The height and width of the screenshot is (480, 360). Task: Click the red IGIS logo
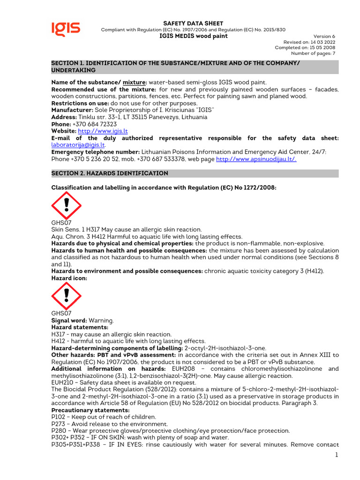(66, 29)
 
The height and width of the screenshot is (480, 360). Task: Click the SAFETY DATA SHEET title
(193, 23)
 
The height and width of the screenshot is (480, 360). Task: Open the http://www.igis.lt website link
(103, 131)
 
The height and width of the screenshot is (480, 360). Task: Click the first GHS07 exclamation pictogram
(66, 204)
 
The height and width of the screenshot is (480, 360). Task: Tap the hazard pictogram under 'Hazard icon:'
(66, 295)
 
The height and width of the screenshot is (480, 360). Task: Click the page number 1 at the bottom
(337, 455)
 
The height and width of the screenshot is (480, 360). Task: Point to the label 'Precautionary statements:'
(83, 410)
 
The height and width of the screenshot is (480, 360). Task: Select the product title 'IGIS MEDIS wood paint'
(193, 36)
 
